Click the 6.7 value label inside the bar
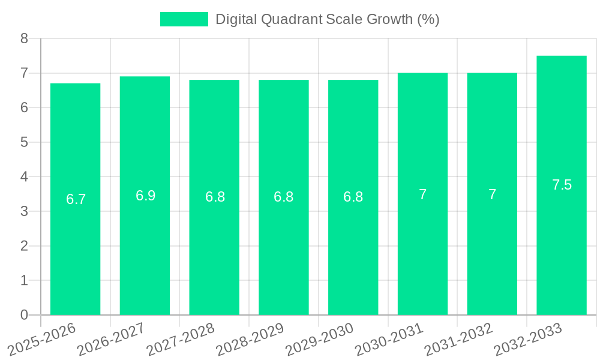click(x=76, y=199)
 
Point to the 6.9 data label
click(x=145, y=196)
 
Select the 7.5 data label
click(x=562, y=185)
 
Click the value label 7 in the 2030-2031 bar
click(x=422, y=194)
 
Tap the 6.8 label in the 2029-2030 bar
click(x=353, y=197)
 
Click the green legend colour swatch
click(x=184, y=19)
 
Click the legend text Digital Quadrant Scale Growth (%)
click(x=327, y=19)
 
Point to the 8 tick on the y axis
click(x=24, y=38)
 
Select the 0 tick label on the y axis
click(x=24, y=315)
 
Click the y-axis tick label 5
click(x=24, y=142)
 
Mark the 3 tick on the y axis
click(x=24, y=211)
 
